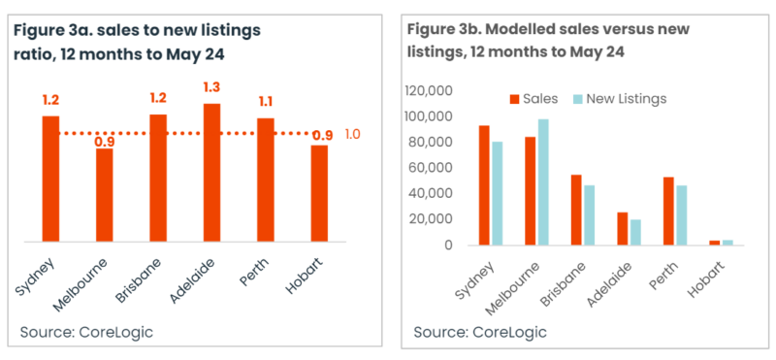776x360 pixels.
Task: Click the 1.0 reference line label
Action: click(x=353, y=134)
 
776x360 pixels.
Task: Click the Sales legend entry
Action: click(x=533, y=99)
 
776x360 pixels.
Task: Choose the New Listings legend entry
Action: click(x=621, y=99)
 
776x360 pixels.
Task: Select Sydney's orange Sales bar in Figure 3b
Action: click(x=484, y=184)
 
